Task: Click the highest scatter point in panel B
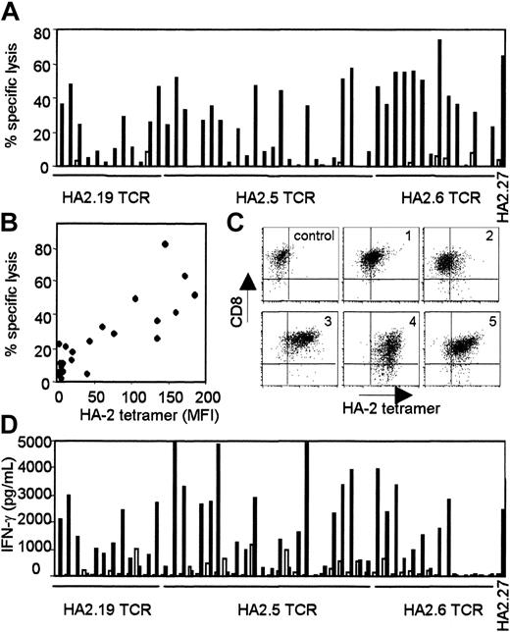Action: point(165,244)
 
